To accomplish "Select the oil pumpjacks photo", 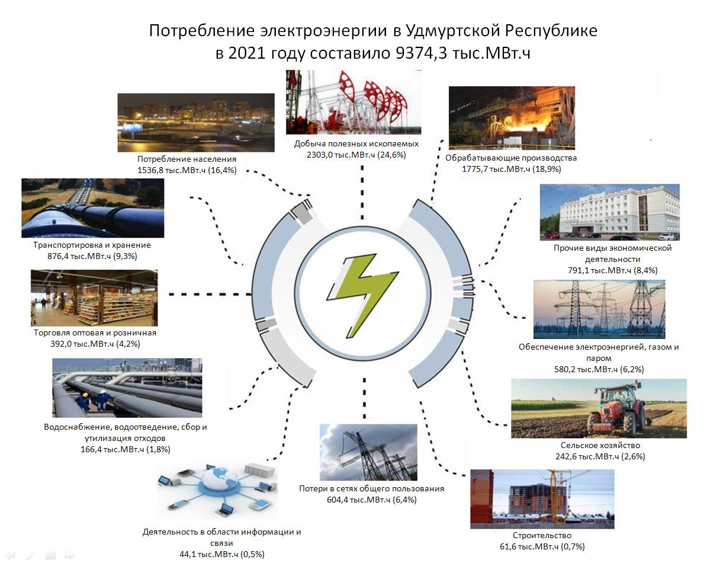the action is click(353, 102).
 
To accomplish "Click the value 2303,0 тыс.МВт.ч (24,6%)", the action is click(356, 155).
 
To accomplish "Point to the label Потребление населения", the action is click(187, 159).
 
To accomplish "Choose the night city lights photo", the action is click(195, 122).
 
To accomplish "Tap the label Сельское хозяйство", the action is click(600, 445).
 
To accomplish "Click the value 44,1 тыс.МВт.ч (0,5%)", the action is click(222, 554).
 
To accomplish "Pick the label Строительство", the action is click(542, 535).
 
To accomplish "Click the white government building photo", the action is click(610, 212).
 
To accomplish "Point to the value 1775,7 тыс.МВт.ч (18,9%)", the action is click(512, 170).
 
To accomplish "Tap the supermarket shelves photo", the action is click(94, 298).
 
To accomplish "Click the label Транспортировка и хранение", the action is click(92, 245).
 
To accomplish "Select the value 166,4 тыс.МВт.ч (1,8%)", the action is click(126, 450).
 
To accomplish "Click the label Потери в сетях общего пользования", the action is click(371, 488).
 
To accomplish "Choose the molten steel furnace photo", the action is click(512, 118).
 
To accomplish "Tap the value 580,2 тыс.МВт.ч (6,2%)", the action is click(599, 369).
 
